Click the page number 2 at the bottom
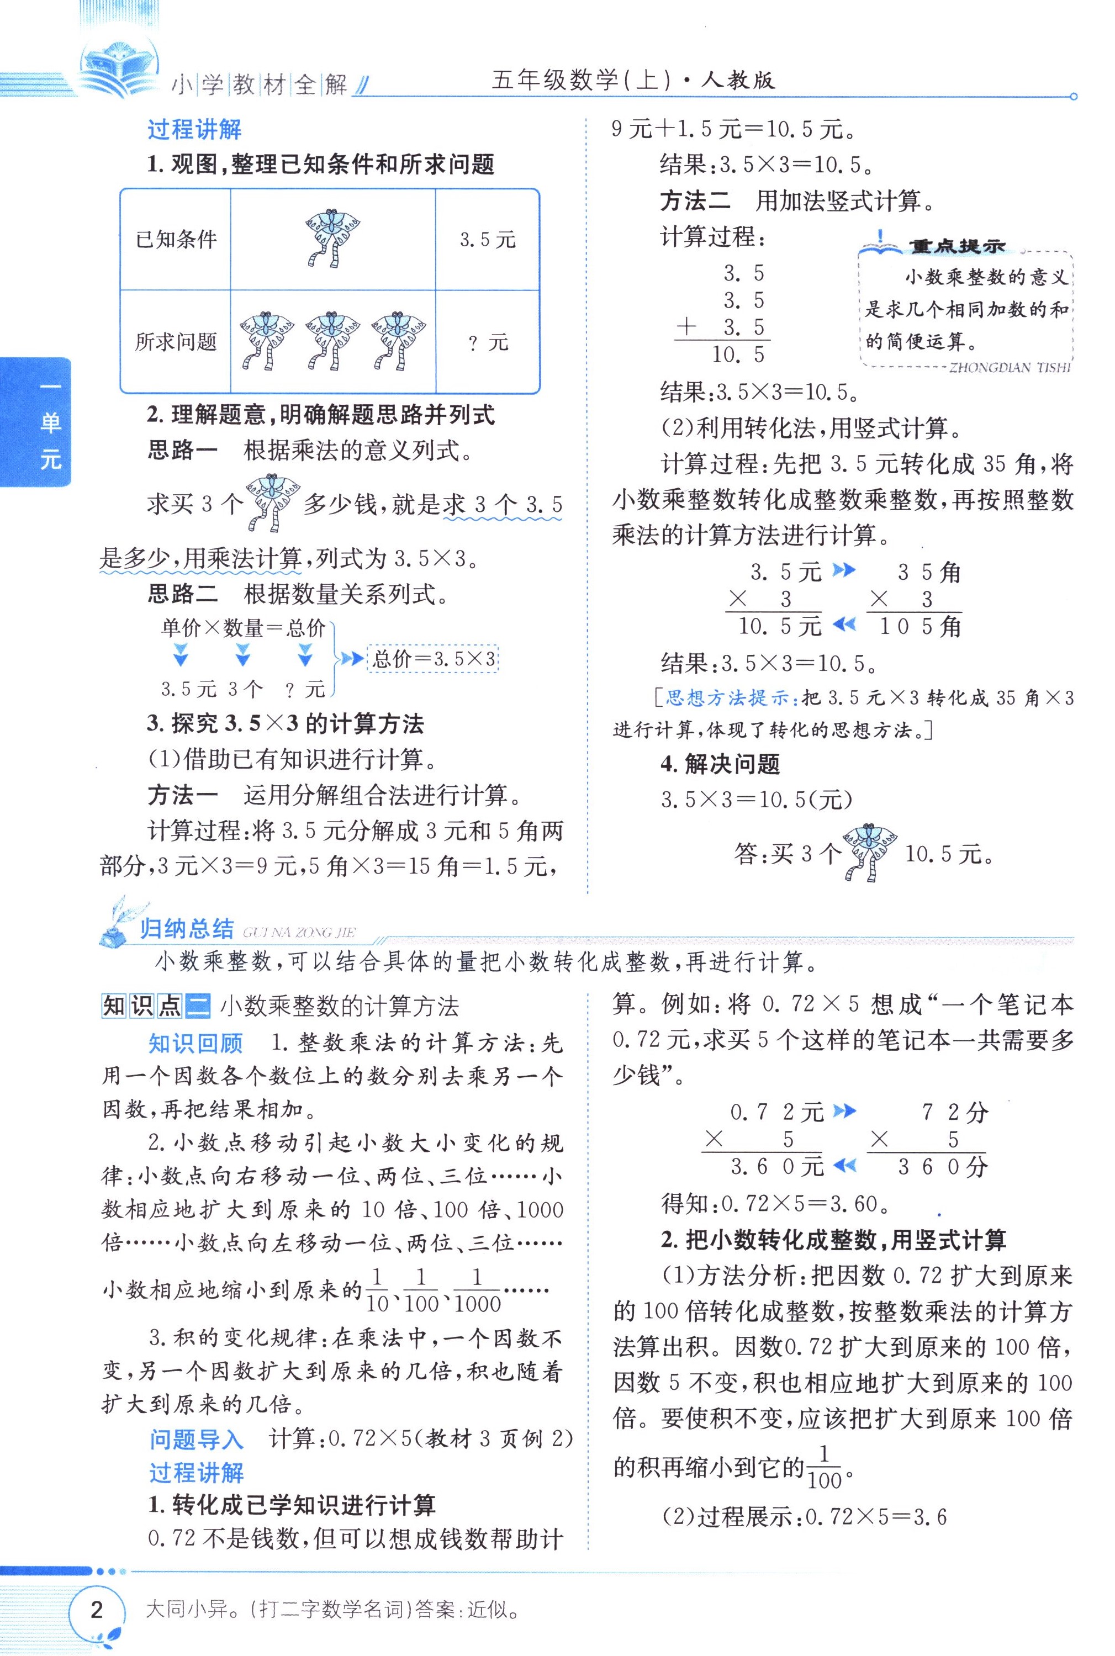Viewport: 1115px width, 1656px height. (97, 1609)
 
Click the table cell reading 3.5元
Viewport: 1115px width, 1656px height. (487, 240)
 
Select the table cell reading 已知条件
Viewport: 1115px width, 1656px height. (176, 240)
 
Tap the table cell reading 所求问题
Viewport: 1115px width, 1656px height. (176, 342)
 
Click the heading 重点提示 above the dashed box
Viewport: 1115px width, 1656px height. (956, 246)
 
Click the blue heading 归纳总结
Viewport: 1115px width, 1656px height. (186, 929)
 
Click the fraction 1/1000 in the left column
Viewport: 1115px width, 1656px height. (477, 1290)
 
